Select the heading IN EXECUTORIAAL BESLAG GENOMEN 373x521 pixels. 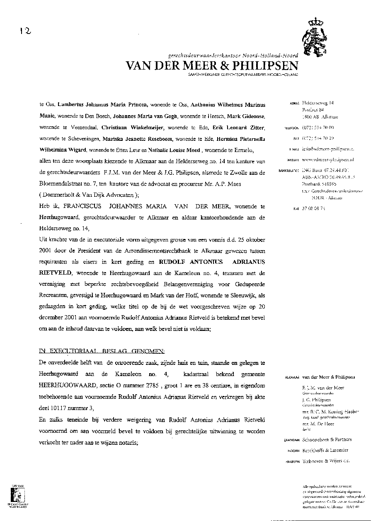click(x=90, y=351)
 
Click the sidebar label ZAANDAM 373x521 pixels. click(x=293, y=440)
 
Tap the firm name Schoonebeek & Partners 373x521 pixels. click(x=327, y=439)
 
